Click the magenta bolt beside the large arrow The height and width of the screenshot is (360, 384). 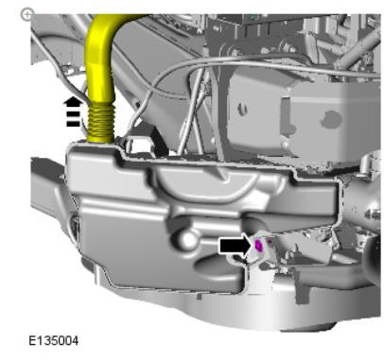coord(258,246)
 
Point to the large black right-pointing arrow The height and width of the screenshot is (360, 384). coord(235,246)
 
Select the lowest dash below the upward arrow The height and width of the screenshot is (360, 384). coord(73,124)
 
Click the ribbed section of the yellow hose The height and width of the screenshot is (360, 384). coord(100,123)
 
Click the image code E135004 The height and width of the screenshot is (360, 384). coord(54,341)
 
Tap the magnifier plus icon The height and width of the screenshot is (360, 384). coord(26,14)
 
